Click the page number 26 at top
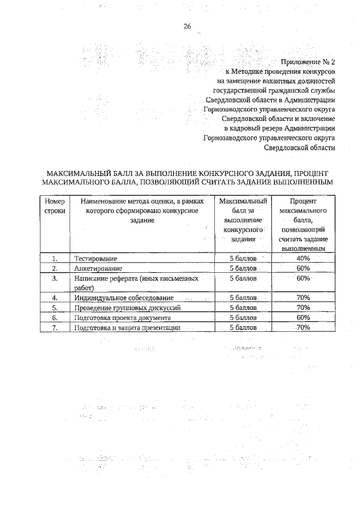coord(187,26)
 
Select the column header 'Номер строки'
coord(55,206)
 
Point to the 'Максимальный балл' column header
coord(243,220)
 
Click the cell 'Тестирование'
coord(96,258)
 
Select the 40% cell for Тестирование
coord(303,258)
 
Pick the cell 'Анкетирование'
coord(98,268)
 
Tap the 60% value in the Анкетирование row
coord(303,268)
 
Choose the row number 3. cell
coord(55,278)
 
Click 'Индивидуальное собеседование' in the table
coord(124,298)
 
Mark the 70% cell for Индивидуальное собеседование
coord(303,298)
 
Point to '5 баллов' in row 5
coord(243,308)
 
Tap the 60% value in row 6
coord(303,317)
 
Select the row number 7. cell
coord(55,327)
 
